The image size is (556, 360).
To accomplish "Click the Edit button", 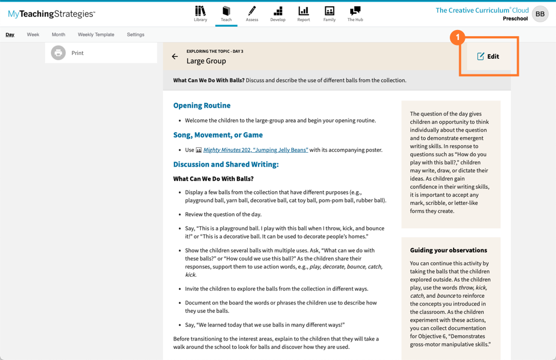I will coord(488,56).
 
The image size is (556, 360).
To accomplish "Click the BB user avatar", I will coord(540,14).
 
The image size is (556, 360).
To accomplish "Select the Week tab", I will coord(33,34).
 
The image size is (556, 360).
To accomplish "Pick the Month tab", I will coord(58,34).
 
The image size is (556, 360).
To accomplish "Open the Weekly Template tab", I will coord(96,34).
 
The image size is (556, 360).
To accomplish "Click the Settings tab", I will coord(135,34).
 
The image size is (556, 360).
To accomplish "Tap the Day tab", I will coord(10,34).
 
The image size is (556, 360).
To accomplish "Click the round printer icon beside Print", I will coord(58,53).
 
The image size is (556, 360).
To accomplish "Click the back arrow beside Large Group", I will coord(175,57).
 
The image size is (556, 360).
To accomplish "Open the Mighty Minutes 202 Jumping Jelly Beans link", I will coord(255,150).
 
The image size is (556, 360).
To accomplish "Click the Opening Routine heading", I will coord(202,106).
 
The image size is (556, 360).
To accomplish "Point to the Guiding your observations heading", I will coord(448,251).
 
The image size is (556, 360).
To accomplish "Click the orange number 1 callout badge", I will coord(457,38).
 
